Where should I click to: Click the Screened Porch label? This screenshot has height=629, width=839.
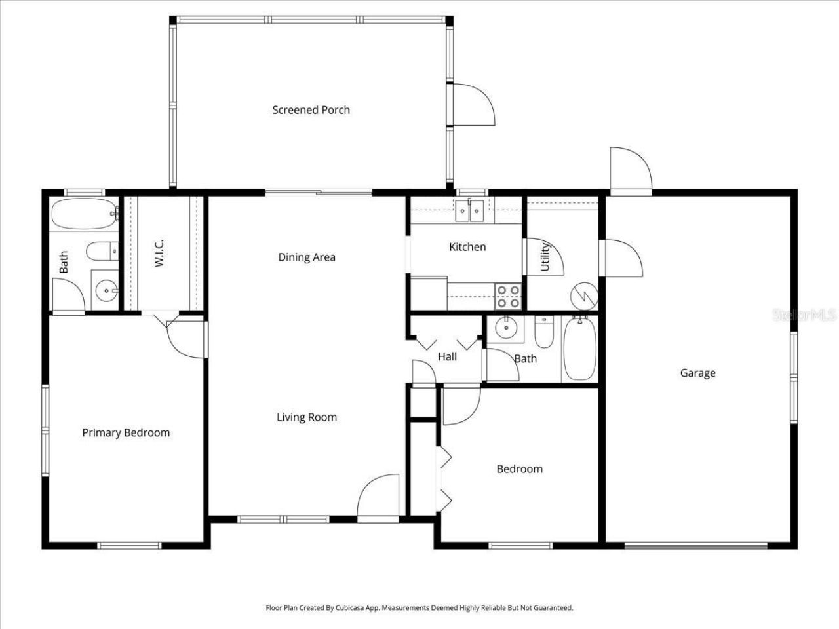(311, 110)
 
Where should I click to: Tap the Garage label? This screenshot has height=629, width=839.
(697, 373)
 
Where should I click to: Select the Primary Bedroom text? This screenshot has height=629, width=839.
(126, 432)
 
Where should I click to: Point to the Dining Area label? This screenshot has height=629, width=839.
(307, 257)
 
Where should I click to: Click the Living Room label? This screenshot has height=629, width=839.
(307, 417)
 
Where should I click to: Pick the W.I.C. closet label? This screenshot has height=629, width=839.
(160, 253)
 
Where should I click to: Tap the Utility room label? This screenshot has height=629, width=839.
(545, 257)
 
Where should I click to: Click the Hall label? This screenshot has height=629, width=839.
(447, 356)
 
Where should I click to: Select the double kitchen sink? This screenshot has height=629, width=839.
(469, 210)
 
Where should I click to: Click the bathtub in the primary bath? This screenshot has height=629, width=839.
(84, 214)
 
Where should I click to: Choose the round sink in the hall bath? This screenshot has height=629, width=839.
(506, 328)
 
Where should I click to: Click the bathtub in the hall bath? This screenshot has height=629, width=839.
(579, 349)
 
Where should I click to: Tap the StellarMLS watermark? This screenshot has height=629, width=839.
(805, 315)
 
